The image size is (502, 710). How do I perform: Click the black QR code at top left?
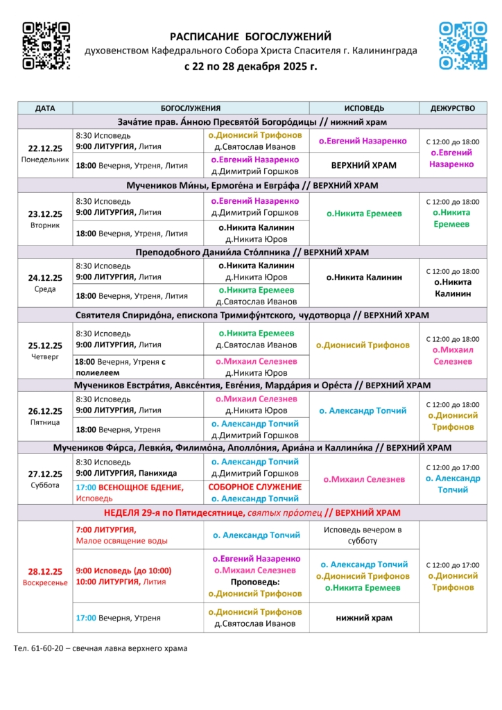(46, 46)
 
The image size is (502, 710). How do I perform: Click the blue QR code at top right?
(462, 46)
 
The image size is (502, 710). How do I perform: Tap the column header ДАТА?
(45, 108)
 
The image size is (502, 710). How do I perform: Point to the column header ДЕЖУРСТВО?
(453, 108)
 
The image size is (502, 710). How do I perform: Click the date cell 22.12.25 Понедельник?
(45, 153)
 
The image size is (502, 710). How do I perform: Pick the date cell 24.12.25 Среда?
(45, 283)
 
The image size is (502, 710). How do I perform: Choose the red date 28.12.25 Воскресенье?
(45, 577)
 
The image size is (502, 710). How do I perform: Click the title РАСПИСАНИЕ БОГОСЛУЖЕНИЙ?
(250, 37)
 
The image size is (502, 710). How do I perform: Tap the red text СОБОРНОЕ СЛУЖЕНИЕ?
(255, 487)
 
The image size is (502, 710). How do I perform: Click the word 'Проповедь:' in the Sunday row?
(255, 582)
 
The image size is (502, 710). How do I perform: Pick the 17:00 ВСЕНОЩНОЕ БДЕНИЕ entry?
(130, 487)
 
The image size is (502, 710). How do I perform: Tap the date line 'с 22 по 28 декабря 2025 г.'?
(250, 67)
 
